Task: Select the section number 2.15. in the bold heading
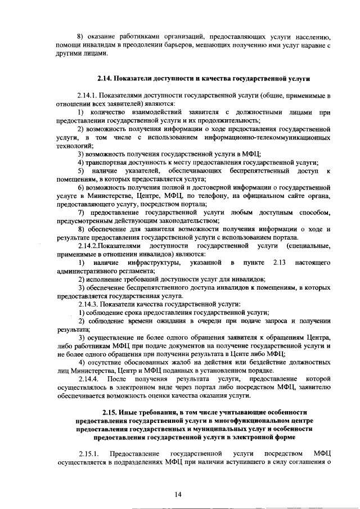tap(111, 413)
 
